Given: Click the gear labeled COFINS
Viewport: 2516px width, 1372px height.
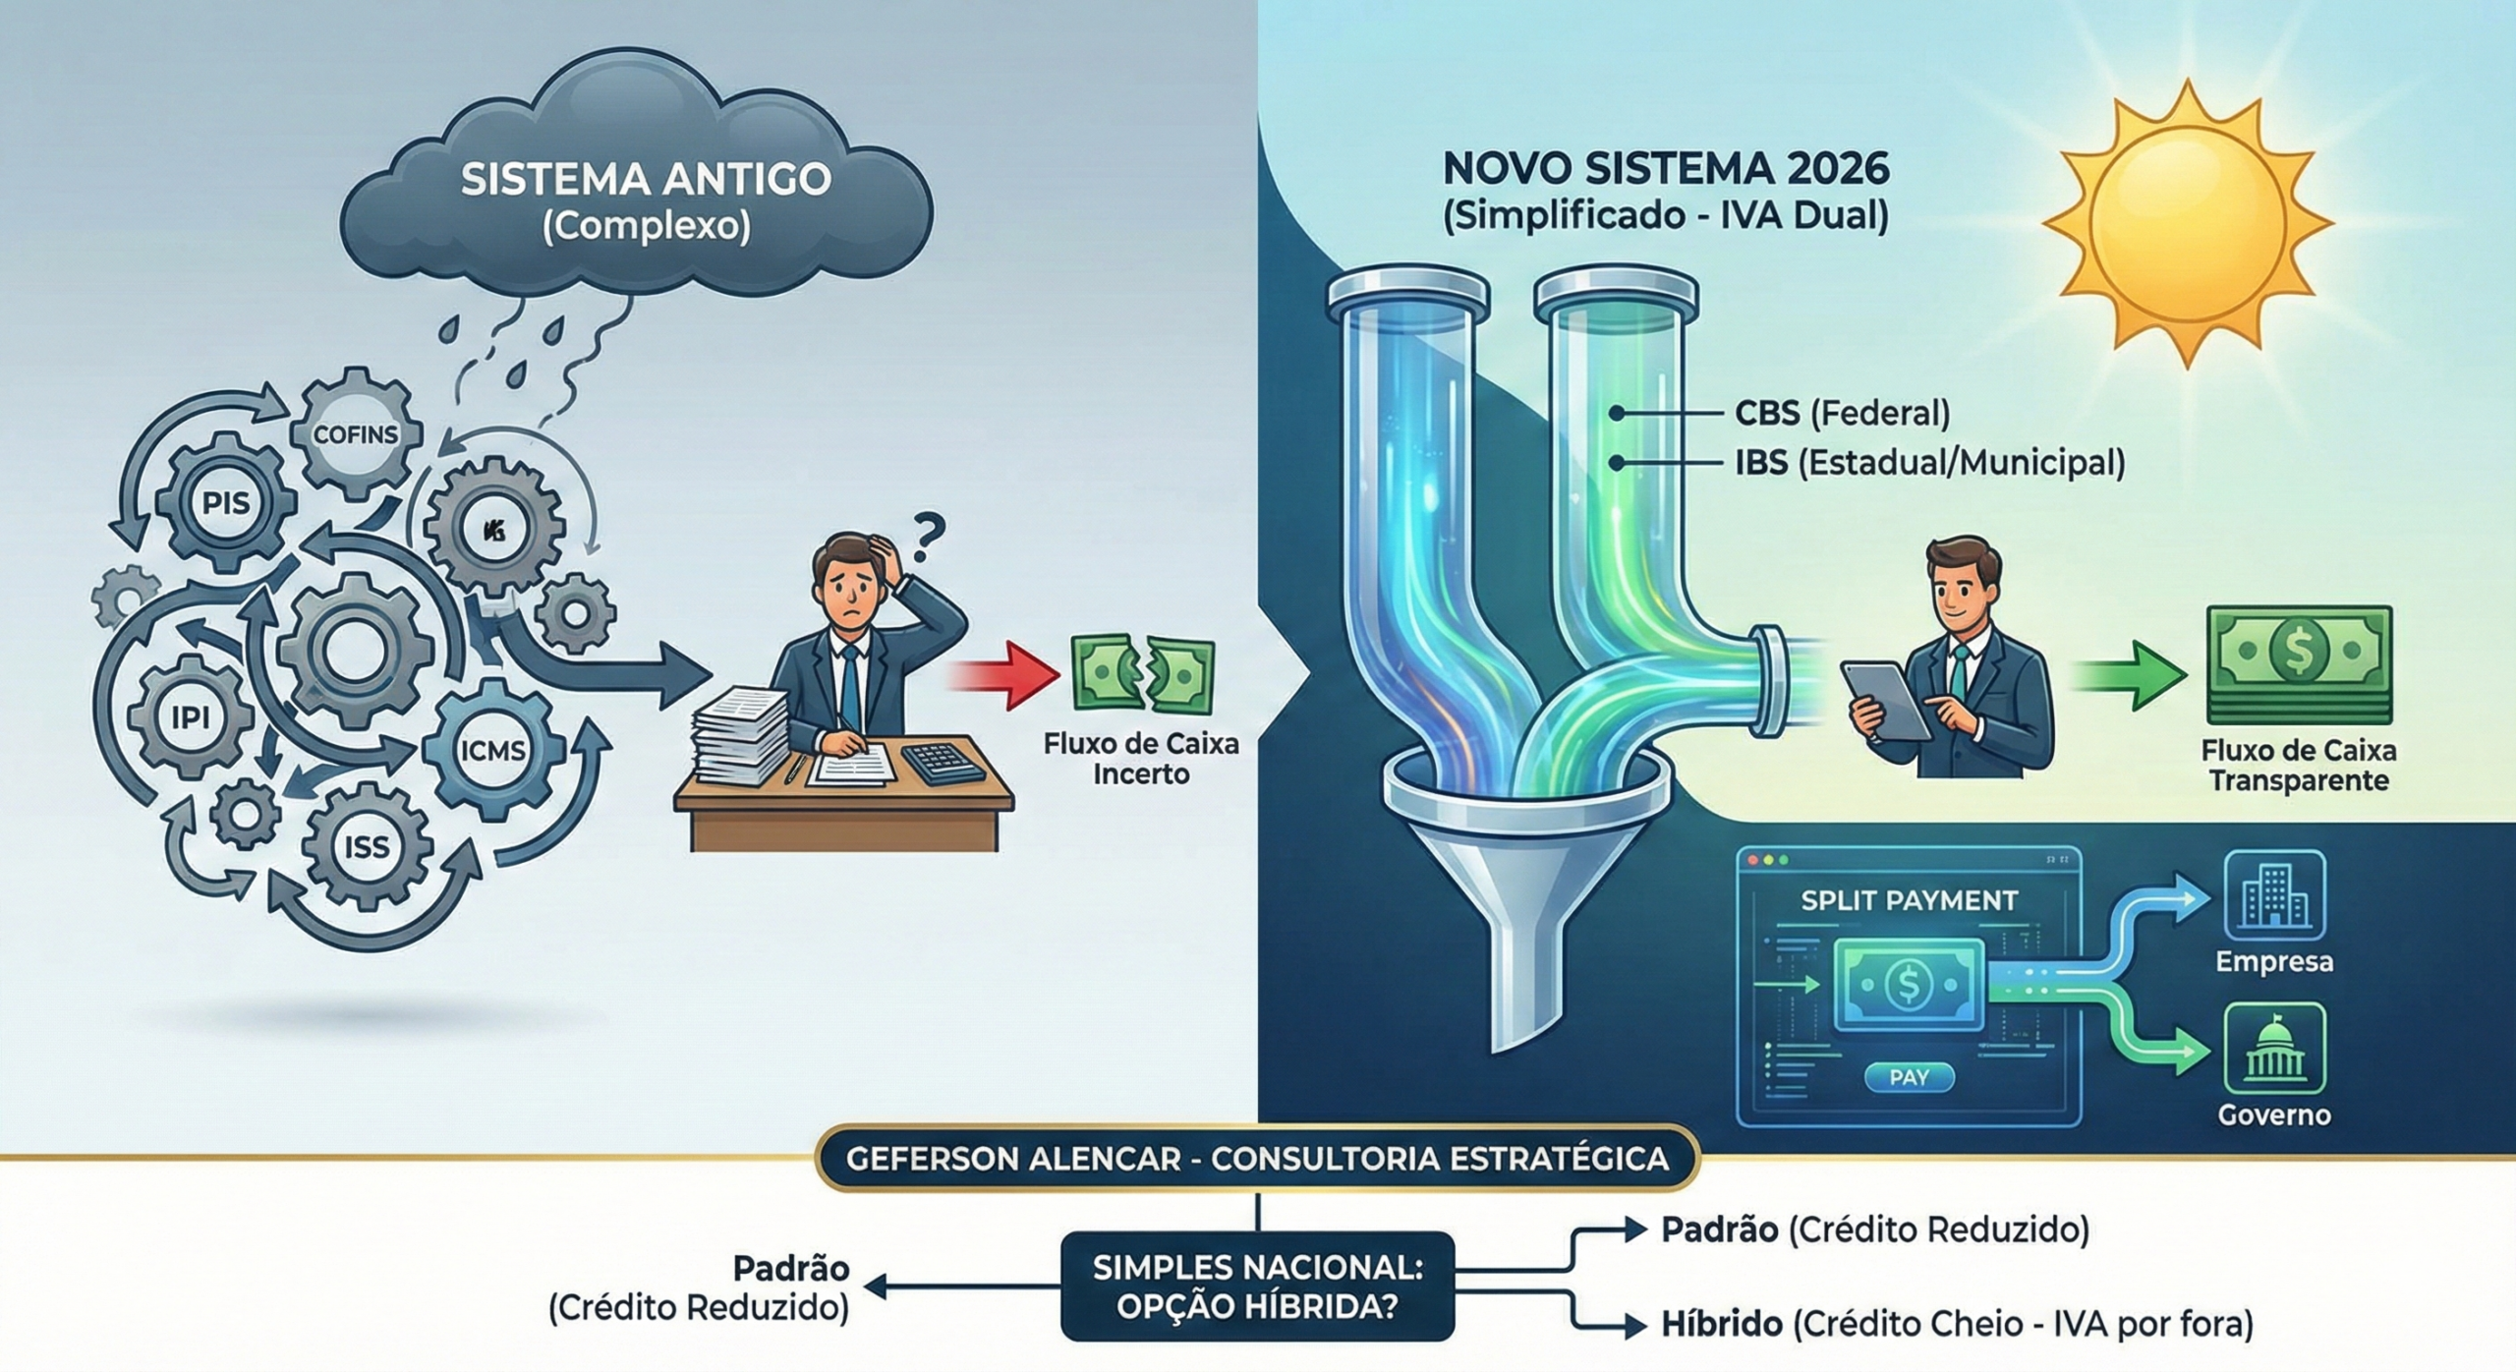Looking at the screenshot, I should coord(356,433).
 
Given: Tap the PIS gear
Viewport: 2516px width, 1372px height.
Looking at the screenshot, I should coord(226,504).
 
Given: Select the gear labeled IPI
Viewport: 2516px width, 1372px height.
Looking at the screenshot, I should coord(191,716).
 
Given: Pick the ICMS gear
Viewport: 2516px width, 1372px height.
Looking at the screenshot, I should coord(493,751).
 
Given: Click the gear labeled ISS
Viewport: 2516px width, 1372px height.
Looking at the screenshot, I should coord(367,846).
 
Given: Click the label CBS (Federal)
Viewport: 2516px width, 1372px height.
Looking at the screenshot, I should coord(1841,413).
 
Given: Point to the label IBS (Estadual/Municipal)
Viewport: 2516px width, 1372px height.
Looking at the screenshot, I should coord(1928,462).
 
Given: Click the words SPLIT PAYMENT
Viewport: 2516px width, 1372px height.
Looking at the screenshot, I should coord(1909,900).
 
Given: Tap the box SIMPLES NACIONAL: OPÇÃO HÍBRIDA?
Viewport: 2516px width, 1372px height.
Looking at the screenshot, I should coord(1257,1286).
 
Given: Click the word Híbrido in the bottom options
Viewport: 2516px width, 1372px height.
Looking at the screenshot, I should coord(1722,1324).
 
